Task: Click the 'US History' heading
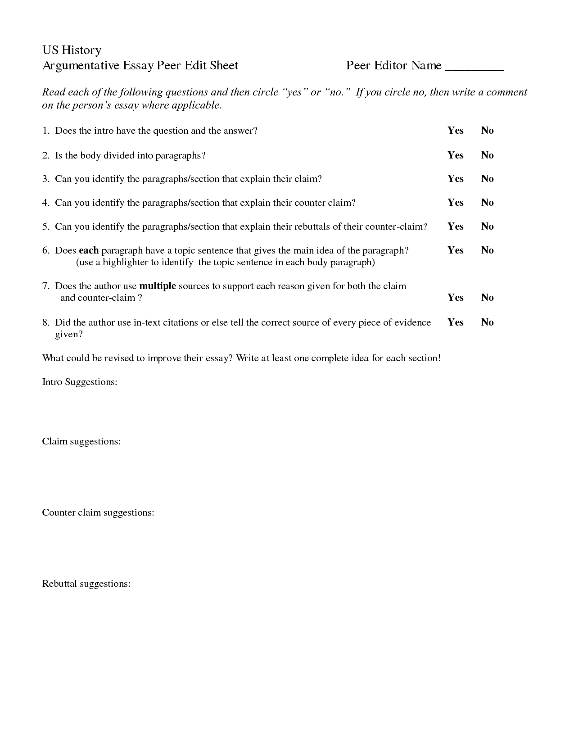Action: coord(72,50)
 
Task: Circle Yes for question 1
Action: coord(455,131)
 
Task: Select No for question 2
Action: coord(487,155)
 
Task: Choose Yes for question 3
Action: coord(455,179)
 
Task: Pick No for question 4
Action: coord(487,203)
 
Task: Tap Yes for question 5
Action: coord(455,227)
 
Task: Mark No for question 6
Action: coord(487,250)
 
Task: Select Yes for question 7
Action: coord(455,298)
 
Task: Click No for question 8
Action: coord(487,322)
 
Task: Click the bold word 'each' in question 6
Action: coord(88,250)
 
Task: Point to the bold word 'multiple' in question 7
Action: coord(158,286)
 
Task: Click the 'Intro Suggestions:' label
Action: coord(80,382)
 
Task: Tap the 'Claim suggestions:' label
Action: coord(81,442)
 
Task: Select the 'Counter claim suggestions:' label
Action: coord(98,513)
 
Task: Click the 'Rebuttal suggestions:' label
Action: coord(86,584)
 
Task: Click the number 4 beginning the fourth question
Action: coord(45,203)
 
